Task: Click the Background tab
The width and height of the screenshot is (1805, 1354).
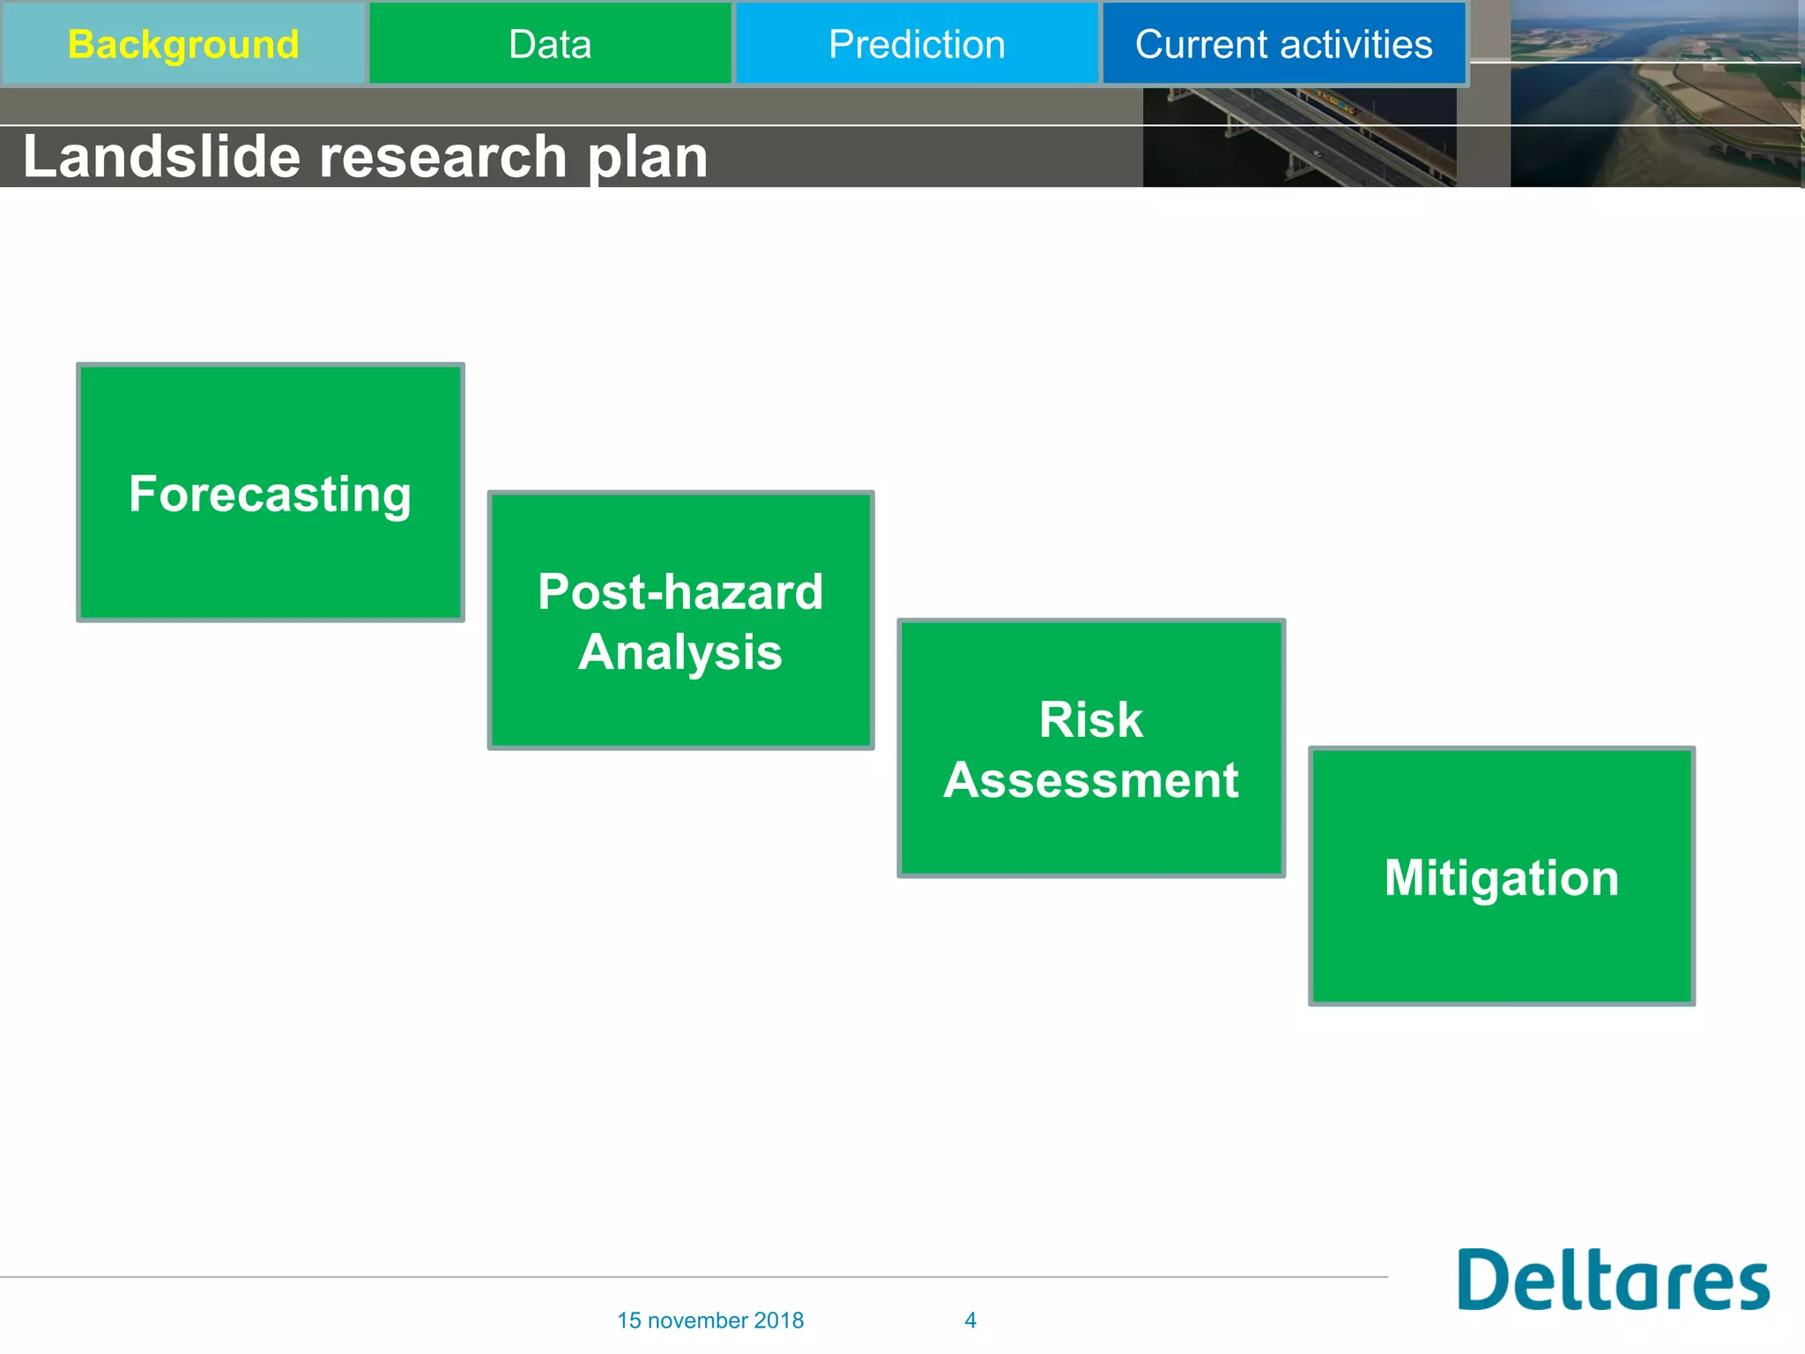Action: pos(183,44)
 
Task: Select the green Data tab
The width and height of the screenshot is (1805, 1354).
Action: pos(550,44)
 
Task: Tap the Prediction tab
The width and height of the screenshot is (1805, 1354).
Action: pos(917,44)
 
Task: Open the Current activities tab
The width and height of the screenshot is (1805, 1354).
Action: pos(1283,44)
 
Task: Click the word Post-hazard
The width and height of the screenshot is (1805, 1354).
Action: pos(680,591)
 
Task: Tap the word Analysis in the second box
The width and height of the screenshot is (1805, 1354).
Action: pos(680,652)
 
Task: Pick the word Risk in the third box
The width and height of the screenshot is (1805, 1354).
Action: pos(1090,719)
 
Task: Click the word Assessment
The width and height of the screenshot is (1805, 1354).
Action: pos(1091,780)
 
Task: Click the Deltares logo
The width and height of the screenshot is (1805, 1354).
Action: pos(1613,1279)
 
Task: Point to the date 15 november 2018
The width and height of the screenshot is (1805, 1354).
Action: pos(709,1320)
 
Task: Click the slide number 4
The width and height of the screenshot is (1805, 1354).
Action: pos(970,1320)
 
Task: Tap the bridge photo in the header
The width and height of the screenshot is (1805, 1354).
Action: pos(1299,138)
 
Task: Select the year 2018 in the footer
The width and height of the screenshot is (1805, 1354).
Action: pos(779,1320)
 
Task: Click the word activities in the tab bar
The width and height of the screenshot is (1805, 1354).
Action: pos(1356,44)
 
